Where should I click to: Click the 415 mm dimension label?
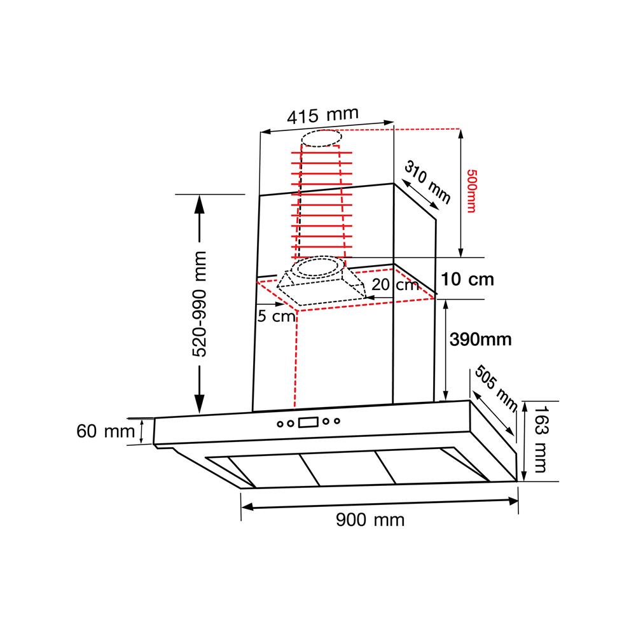pyautogui.click(x=323, y=115)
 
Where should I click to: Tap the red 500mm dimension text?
pyautogui.click(x=471, y=191)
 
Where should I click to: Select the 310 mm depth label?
pyautogui.click(x=427, y=182)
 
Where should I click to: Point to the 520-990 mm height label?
pyautogui.click(x=199, y=304)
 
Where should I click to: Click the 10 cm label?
pyautogui.click(x=467, y=279)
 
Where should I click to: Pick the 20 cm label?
pyautogui.click(x=395, y=285)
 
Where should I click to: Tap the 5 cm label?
pyautogui.click(x=277, y=316)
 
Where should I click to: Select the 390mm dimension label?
pyautogui.click(x=481, y=340)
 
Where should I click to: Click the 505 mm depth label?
pyautogui.click(x=496, y=388)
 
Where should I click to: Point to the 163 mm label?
pyautogui.click(x=541, y=439)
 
